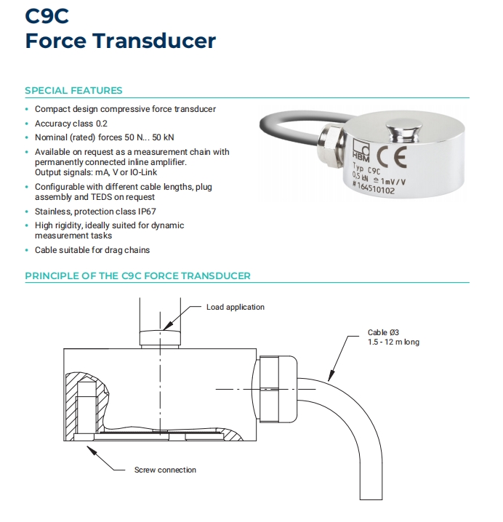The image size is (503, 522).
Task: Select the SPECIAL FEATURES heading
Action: coord(73,91)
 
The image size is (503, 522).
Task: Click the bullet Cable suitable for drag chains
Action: coord(92,250)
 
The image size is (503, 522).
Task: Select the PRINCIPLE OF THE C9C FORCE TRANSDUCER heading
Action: coord(137,276)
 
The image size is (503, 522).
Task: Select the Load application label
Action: coord(236,307)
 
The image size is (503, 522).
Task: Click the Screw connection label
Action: coord(165,470)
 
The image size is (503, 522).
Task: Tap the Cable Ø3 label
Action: coord(383,333)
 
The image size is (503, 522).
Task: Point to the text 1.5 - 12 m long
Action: coord(393,342)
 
